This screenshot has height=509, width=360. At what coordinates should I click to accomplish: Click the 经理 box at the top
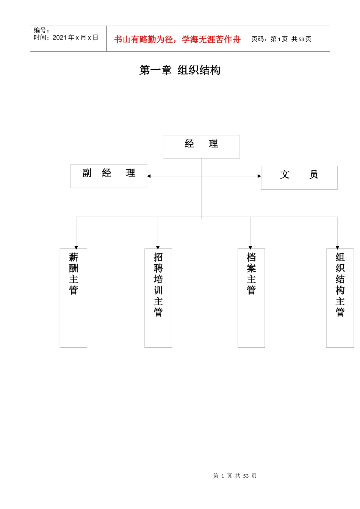[x=201, y=147]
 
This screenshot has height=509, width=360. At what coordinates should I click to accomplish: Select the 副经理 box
[x=109, y=176]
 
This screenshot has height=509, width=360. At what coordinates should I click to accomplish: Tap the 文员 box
[x=299, y=178]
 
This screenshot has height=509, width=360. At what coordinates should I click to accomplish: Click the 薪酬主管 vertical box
[x=74, y=298]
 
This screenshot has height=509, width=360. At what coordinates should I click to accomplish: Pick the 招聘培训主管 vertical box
[x=158, y=298]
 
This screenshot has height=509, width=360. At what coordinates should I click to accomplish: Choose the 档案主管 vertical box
[x=251, y=298]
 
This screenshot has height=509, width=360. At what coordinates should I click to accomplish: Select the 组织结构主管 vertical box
[x=340, y=298]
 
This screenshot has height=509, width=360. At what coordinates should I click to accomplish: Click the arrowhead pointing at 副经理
[x=149, y=176]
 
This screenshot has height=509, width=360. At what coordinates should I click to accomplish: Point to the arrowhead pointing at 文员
[x=259, y=176]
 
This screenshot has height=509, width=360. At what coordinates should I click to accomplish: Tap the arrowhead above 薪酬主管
[x=76, y=248]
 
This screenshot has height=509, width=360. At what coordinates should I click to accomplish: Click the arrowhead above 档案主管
[x=250, y=248]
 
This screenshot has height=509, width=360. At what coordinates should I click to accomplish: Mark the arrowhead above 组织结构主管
[x=337, y=248]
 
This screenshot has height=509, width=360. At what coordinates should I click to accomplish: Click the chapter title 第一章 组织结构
[x=180, y=70]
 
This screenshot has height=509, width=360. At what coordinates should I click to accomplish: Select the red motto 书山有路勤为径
[x=144, y=39]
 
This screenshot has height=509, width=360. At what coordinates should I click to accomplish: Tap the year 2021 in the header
[x=59, y=37]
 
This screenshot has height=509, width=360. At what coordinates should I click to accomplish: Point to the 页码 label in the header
[x=259, y=39]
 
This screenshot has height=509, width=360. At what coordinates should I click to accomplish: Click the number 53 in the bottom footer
[x=246, y=476]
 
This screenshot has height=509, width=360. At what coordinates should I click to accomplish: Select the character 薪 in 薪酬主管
[x=74, y=258]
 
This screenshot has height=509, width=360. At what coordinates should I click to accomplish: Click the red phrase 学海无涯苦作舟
[x=211, y=39]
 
